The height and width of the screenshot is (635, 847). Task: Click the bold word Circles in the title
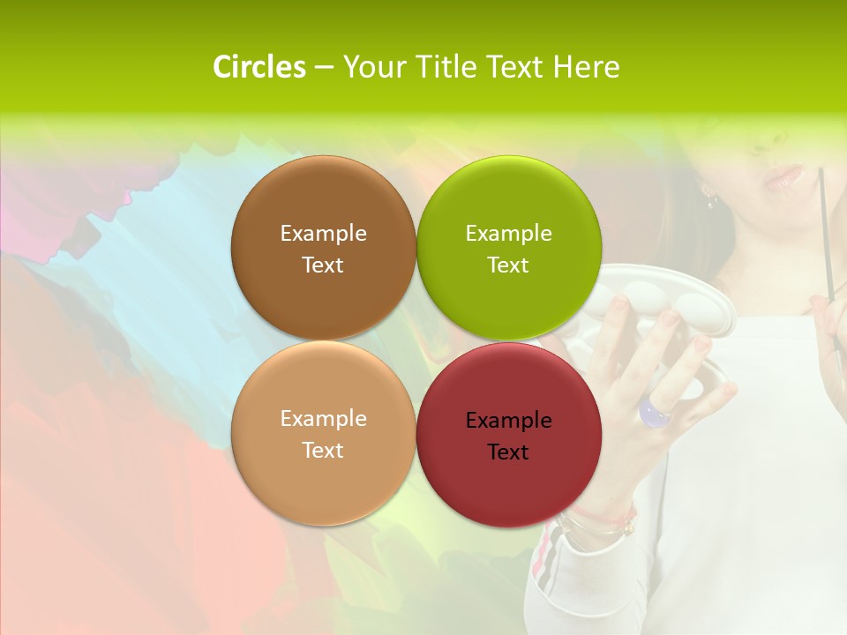pos(259,67)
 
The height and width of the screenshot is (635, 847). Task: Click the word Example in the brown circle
pos(323,233)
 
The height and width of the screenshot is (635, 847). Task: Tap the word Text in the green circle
pos(508,265)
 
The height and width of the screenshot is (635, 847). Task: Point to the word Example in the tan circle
pos(323,418)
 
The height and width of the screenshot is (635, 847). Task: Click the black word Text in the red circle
pos(508,452)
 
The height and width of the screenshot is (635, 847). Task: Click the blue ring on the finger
pos(656,411)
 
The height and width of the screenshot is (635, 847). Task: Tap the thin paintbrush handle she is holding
pos(825,229)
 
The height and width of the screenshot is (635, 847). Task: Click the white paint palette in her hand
pos(671,317)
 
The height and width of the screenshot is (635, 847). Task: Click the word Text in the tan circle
pos(323,451)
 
